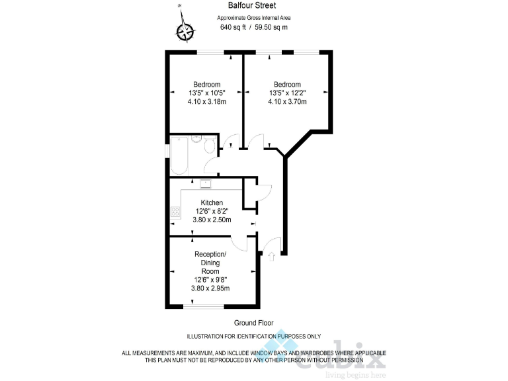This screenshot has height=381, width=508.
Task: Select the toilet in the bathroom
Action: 210,145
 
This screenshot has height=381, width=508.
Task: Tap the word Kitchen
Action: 212,202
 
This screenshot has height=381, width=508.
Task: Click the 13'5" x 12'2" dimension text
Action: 287,93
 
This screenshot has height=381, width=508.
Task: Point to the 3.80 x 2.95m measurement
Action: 212,288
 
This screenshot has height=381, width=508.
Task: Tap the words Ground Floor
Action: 253,323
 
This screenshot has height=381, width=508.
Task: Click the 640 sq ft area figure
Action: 231,27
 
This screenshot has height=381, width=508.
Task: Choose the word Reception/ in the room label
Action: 211,255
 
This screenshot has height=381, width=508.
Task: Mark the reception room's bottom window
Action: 204,306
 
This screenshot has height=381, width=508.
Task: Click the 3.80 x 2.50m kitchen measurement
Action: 212,220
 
